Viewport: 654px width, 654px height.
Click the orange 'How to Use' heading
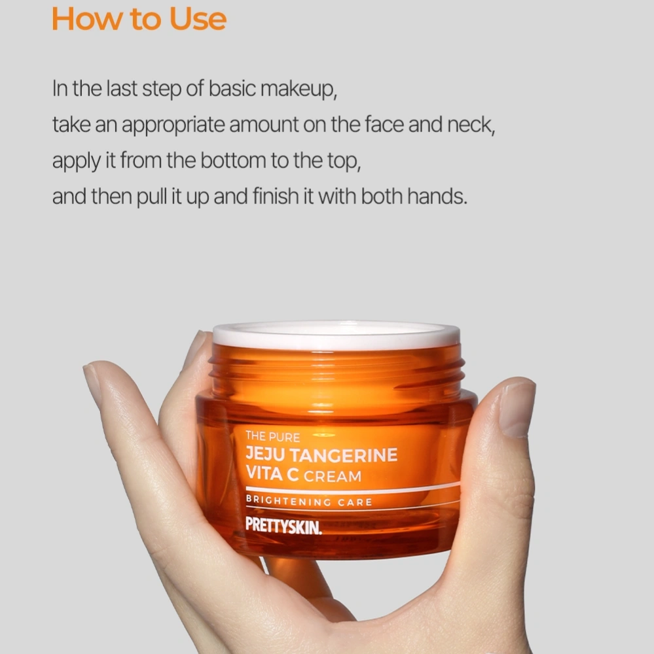pos(139,19)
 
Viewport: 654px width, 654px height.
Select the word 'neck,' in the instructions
pos(471,125)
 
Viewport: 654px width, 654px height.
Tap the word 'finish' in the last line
pos(276,196)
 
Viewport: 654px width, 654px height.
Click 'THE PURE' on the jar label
pos(273,436)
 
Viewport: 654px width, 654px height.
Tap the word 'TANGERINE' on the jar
pos(343,455)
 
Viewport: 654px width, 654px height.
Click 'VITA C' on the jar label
pos(272,473)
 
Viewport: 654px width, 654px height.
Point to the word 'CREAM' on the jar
pos(333,476)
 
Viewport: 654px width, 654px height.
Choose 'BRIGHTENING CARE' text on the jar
pos(309,502)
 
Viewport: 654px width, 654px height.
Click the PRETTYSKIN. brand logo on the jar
pos(283,526)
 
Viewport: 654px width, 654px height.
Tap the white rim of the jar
pos(336,336)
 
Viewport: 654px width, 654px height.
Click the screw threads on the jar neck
pos(336,369)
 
